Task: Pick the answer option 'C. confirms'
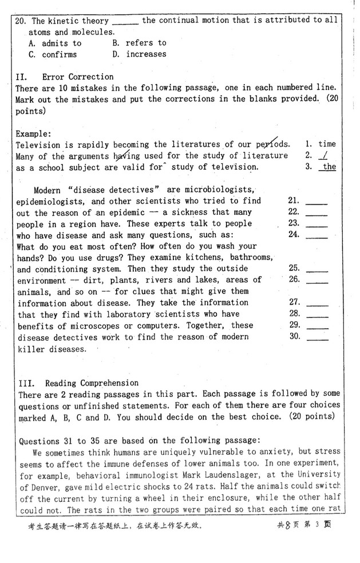(52, 54)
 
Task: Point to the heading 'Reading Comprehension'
(92, 383)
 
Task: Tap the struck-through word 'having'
(126, 156)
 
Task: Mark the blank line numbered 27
(317, 304)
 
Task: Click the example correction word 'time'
(327, 144)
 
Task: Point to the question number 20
(21, 21)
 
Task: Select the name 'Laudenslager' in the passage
(246, 474)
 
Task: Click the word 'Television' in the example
(38, 144)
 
